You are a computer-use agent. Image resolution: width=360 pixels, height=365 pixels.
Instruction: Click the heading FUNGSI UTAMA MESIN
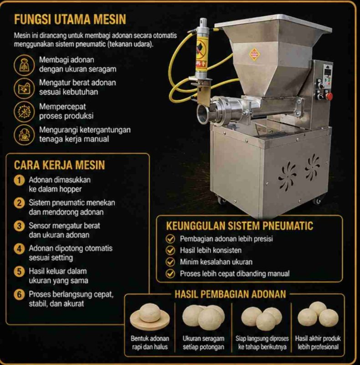click(70, 19)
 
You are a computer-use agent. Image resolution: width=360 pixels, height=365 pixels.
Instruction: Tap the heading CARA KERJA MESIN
click(59, 165)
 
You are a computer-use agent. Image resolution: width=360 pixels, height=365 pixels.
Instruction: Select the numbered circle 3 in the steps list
click(19, 226)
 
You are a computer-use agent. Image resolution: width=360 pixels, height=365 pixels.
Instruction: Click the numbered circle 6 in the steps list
click(19, 294)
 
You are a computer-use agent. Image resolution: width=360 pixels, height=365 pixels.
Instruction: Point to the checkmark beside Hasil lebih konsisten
click(170, 250)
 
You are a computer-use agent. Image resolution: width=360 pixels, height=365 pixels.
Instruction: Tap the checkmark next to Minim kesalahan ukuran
click(170, 262)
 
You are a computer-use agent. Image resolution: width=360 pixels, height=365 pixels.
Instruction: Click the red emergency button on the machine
click(329, 96)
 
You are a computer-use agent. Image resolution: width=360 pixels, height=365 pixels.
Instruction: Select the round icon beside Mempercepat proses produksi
click(24, 111)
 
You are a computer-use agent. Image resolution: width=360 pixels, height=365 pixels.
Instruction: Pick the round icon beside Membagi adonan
click(24, 65)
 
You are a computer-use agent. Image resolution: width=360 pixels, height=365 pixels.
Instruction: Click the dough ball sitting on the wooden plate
click(150, 313)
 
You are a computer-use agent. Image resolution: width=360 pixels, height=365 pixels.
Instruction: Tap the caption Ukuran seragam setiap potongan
click(203, 343)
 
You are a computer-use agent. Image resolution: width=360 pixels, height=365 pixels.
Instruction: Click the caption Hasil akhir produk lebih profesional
click(318, 343)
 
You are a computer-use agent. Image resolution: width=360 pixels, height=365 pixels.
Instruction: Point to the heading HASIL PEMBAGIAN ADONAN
click(230, 294)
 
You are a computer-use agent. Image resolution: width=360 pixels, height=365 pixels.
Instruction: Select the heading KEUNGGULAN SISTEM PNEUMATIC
click(240, 226)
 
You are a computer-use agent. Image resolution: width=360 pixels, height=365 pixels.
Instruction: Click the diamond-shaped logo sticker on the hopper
click(254, 54)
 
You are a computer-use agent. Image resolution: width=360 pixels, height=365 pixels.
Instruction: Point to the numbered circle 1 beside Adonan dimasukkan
click(19, 180)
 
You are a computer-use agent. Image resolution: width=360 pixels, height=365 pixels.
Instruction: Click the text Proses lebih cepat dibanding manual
click(235, 273)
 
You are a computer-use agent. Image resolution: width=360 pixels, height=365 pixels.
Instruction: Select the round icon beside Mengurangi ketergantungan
click(24, 135)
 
